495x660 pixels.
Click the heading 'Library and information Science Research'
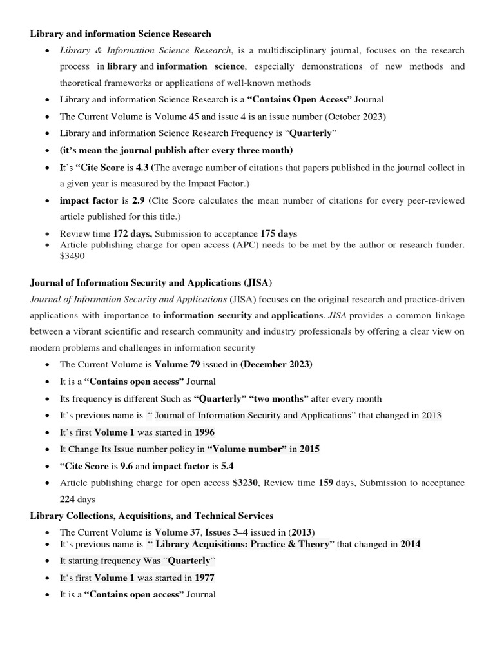[121, 34]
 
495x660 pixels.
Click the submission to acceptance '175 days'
[278, 233]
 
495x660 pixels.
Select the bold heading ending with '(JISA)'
[146, 282]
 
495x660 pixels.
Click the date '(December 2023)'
[276, 364]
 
